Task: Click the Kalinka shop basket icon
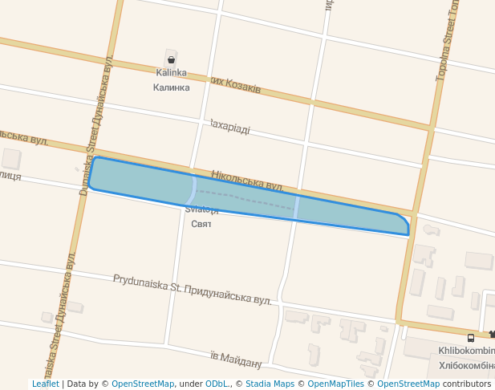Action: (x=171, y=59)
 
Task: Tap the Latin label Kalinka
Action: (x=171, y=73)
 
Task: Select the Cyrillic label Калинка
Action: (x=172, y=87)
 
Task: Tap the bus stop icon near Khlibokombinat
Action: (x=471, y=338)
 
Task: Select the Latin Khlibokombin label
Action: (x=466, y=351)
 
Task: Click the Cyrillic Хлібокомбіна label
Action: (x=466, y=365)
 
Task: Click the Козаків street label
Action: (x=237, y=85)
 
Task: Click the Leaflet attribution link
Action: (x=46, y=384)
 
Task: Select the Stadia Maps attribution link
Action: (x=270, y=384)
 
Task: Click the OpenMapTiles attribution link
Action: (x=333, y=384)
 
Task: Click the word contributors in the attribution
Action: (x=467, y=384)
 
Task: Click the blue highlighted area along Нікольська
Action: (x=345, y=212)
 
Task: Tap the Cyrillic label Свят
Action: (x=201, y=223)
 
